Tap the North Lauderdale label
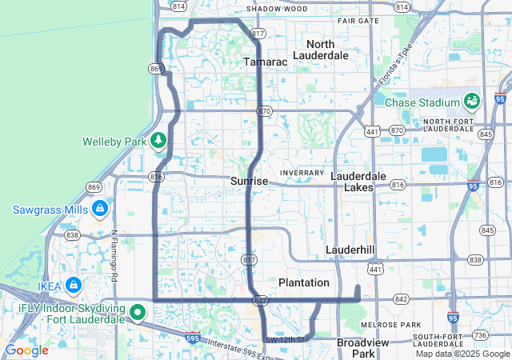[321, 50]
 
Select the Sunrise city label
[249, 182]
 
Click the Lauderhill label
[350, 250]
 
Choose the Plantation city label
[304, 283]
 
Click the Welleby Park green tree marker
[158, 141]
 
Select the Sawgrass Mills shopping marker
[100, 210]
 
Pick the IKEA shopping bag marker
[73, 285]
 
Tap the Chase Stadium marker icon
[471, 102]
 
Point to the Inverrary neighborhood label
[302, 173]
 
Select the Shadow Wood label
[276, 9]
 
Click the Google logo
[26, 350]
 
